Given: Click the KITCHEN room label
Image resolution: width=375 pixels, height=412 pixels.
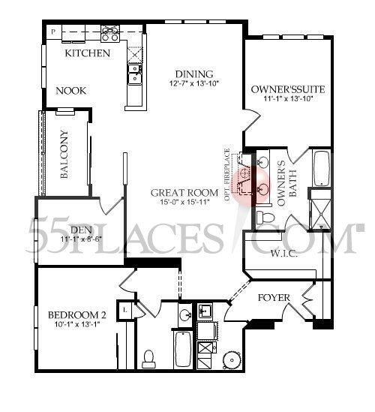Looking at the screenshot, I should pos(88,53).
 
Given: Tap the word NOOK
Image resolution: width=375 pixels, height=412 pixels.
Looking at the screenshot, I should pos(71,91).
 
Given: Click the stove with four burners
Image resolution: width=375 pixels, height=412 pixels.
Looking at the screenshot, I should pos(110,33).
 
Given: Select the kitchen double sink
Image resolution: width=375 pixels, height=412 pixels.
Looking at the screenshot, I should pos(136,73).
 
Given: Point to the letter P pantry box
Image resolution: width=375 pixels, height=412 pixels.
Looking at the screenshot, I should pos(53,31).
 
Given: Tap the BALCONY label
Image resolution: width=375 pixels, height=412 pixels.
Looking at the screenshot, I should pos(64,155).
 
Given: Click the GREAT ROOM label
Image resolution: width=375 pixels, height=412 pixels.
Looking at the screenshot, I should pos(187,191).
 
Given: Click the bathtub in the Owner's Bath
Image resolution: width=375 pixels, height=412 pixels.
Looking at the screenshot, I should pos(321,169).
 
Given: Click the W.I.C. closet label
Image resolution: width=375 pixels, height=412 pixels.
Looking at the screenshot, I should pos(283,254).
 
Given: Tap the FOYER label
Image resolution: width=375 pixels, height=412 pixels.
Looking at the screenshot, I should pos(274,297).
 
